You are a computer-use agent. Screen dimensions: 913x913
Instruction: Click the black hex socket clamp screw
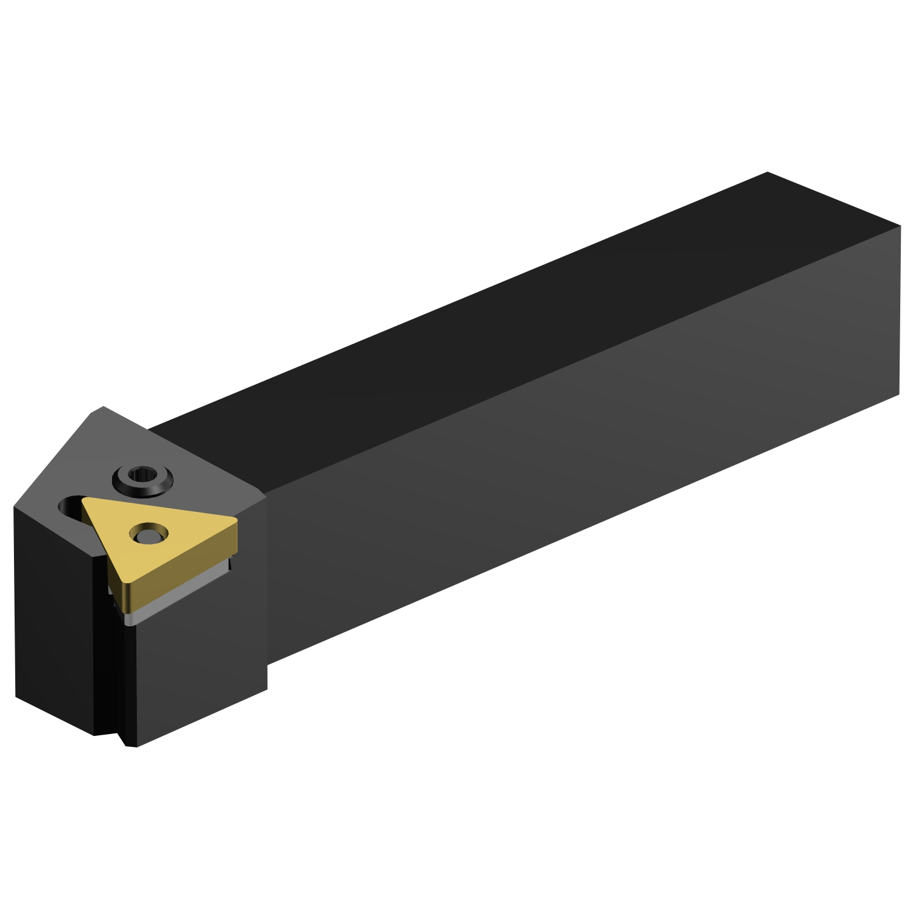coord(143,477)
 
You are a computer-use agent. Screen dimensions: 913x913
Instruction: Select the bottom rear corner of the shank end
coord(899,394)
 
